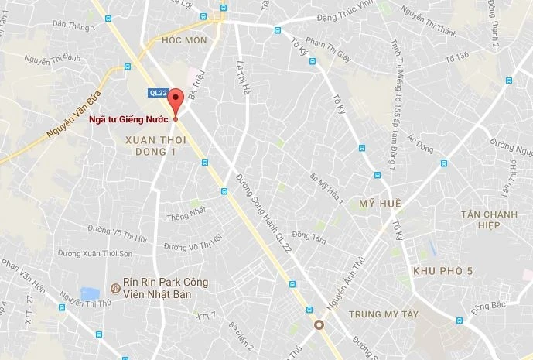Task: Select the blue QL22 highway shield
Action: tap(158, 93)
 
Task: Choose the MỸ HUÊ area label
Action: tap(378, 203)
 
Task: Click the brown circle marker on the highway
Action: tap(319, 324)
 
